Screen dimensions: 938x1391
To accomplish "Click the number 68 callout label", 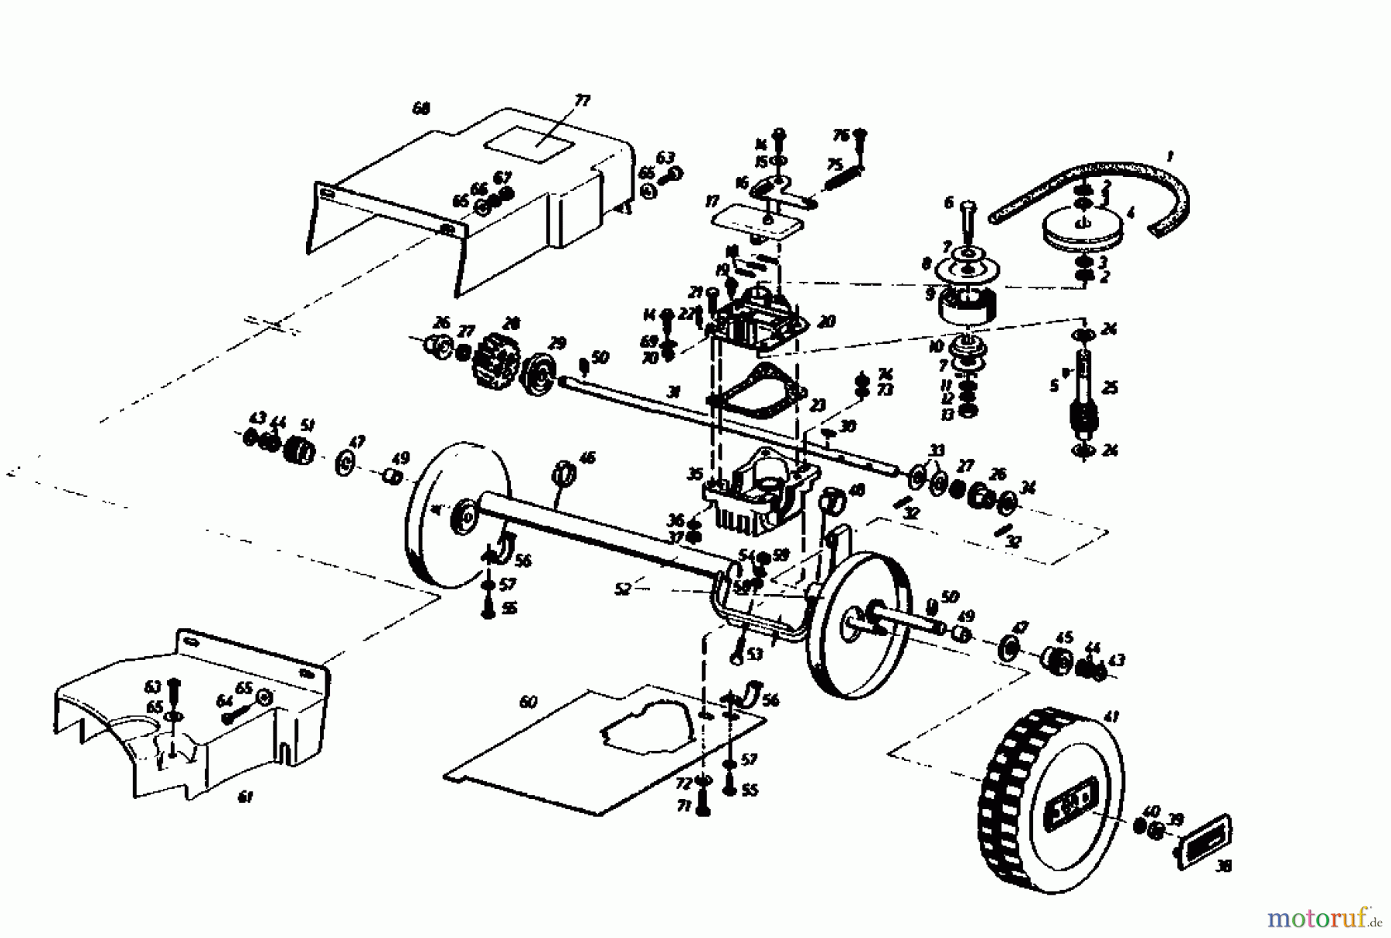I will pyautogui.click(x=420, y=109).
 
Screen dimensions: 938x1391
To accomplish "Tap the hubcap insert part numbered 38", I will pyautogui.click(x=1204, y=843).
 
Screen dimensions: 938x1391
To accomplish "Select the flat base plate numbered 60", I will pyautogui.click(x=603, y=749).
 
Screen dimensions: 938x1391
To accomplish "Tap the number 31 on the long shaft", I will pyautogui.click(x=675, y=393).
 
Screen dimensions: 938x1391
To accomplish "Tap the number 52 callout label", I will pyautogui.click(x=623, y=589).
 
